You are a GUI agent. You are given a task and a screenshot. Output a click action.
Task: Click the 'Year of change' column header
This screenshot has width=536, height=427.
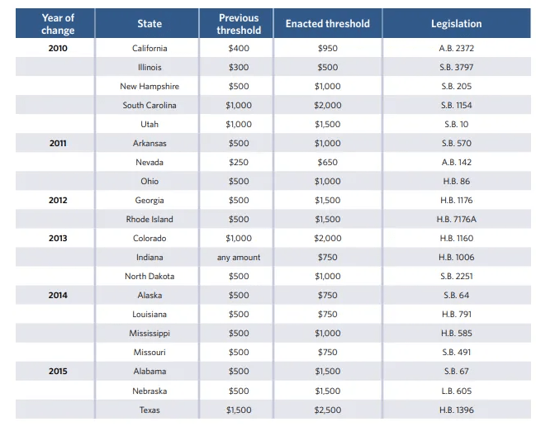58,24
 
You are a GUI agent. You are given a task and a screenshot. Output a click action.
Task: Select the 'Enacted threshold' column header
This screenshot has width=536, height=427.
328,24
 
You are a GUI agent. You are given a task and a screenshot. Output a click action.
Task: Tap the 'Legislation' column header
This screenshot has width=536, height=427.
456,24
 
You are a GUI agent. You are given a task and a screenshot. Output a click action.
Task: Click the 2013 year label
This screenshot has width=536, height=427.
58,239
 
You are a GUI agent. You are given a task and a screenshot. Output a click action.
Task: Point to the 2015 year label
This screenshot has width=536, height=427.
58,372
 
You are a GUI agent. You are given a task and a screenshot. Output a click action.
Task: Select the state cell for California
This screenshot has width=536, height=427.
149,49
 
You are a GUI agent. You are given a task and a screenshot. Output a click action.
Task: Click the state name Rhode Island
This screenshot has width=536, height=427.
149,220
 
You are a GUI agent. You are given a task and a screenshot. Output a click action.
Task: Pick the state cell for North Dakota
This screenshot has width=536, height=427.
149,277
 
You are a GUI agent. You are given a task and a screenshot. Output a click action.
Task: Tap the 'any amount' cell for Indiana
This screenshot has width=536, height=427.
239,258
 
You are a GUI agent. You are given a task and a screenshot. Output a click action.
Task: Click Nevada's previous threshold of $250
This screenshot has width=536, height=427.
239,163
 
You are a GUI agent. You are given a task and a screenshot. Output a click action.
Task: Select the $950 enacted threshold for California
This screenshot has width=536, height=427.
328,49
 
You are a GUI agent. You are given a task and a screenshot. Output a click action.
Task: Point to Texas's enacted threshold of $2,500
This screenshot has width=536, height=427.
328,410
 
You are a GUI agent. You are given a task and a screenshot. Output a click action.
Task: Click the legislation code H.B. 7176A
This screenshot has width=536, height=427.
456,220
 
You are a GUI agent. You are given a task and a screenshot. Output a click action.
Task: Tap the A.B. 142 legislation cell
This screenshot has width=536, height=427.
456,163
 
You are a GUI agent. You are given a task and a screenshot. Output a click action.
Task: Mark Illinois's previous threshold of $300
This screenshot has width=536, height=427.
239,68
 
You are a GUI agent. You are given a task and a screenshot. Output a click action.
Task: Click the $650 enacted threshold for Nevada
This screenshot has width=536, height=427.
328,163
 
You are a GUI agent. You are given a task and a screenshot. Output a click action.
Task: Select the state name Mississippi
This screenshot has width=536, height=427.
149,334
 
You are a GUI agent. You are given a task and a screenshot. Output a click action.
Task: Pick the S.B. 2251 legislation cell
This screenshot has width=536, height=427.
456,277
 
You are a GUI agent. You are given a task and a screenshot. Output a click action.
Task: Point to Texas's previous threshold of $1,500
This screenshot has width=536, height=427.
239,410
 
